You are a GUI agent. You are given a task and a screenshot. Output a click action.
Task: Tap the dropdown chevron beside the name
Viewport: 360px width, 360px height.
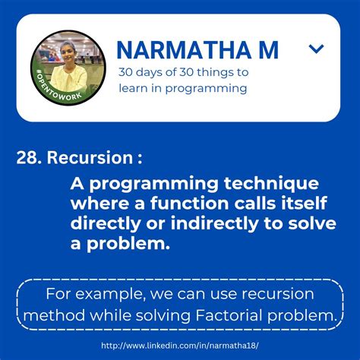[x=317, y=50]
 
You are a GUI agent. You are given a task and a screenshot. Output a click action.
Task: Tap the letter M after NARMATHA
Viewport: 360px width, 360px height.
[x=268, y=50]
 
